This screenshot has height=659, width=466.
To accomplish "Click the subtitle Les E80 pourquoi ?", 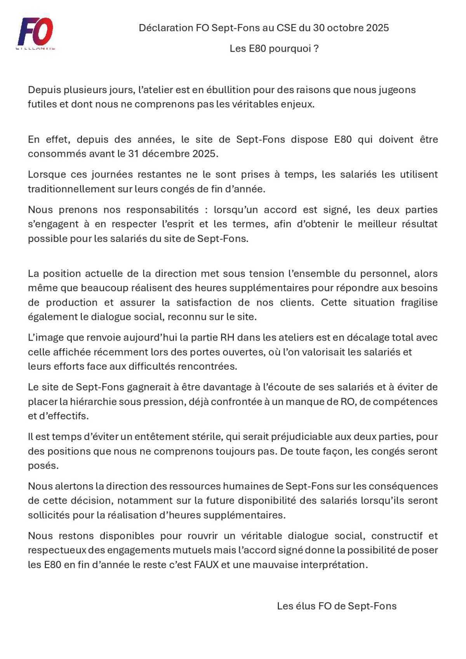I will click(274, 49).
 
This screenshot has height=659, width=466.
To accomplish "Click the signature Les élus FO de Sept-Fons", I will click(337, 606).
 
